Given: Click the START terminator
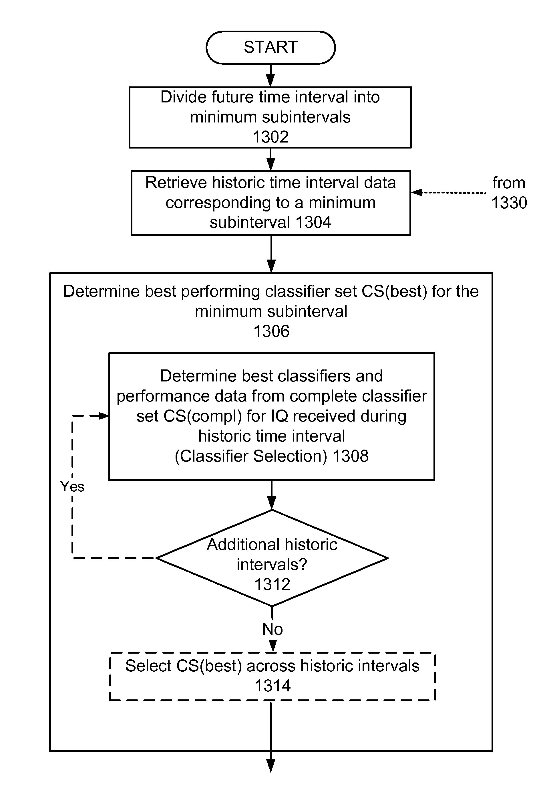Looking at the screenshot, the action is coord(270,48).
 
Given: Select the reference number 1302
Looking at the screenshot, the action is coord(270,137).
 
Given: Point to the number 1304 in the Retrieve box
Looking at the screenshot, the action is coord(313,222).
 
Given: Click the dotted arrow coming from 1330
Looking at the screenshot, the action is coord(448,193).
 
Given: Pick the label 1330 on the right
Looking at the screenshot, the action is coord(509,203).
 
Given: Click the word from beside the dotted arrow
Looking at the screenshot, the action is coord(509,183).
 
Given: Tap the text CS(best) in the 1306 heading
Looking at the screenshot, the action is coord(394,291).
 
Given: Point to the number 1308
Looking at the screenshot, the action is coord(351,456).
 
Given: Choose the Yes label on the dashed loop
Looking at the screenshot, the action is coord(72,486).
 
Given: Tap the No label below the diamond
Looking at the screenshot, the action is coord(273,629).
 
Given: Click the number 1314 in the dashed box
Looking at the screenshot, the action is coord(273,686).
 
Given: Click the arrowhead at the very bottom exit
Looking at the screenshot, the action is coord(271,766).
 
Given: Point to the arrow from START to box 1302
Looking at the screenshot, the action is coord(271,76).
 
